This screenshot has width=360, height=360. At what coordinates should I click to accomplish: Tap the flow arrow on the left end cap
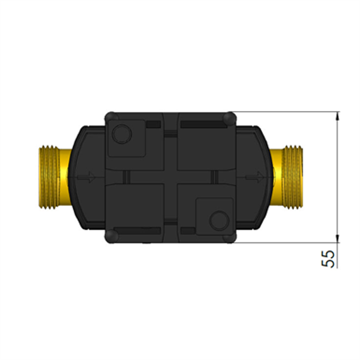pos(86,177)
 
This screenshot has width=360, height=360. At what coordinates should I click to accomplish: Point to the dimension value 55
pos(331,259)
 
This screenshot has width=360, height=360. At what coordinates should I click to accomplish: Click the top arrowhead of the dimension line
pos(338,116)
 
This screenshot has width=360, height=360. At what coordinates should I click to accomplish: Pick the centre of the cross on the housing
pos(171,177)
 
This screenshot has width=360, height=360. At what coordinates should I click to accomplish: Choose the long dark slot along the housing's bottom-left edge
pos(137,230)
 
